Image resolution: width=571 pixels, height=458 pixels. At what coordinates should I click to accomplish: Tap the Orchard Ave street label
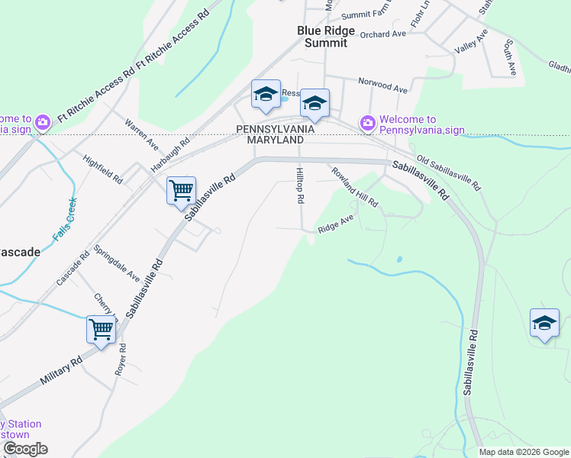(383, 34)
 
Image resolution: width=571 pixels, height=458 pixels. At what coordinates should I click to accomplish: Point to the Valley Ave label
(470, 42)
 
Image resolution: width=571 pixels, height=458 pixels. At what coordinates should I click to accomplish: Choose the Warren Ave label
(142, 134)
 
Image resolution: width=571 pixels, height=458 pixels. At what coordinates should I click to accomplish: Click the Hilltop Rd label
(301, 185)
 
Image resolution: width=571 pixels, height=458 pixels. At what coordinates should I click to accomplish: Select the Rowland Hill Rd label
(354, 187)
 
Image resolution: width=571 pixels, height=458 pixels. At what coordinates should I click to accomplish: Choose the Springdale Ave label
(117, 263)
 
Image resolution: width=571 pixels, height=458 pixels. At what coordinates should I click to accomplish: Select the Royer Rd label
(122, 359)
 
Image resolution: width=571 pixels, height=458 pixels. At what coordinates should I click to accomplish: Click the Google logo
(24, 449)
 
